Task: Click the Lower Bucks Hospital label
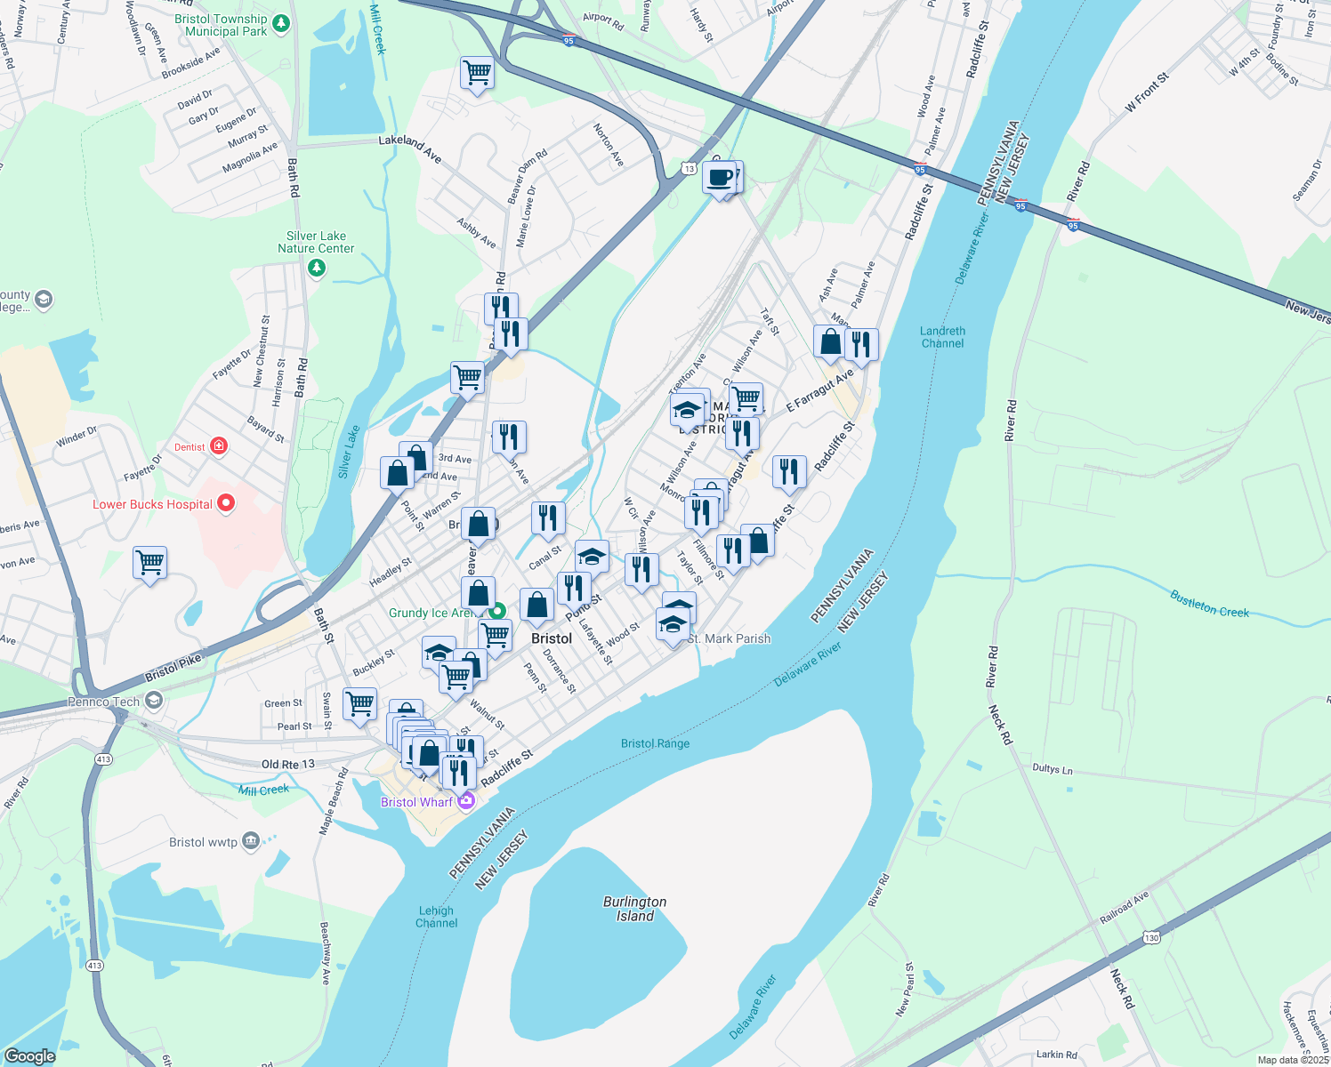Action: [152, 504]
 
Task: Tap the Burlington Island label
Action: [634, 909]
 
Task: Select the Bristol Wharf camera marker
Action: [465, 801]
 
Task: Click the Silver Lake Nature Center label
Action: [316, 242]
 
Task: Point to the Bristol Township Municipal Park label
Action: [221, 25]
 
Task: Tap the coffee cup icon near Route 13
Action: [720, 176]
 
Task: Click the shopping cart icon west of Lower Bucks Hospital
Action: [149, 563]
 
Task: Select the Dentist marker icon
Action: [219, 446]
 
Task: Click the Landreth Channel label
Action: [942, 337]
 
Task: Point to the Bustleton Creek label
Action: [1209, 604]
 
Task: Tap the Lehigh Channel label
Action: [436, 917]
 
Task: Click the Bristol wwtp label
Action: [203, 842]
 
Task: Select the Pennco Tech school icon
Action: [154, 702]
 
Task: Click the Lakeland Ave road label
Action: [410, 148]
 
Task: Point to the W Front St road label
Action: [1146, 92]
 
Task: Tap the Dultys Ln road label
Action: [1053, 769]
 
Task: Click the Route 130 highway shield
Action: [1152, 937]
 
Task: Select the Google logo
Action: [29, 1055]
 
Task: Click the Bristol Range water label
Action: [655, 743]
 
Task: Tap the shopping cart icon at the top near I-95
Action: [477, 73]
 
